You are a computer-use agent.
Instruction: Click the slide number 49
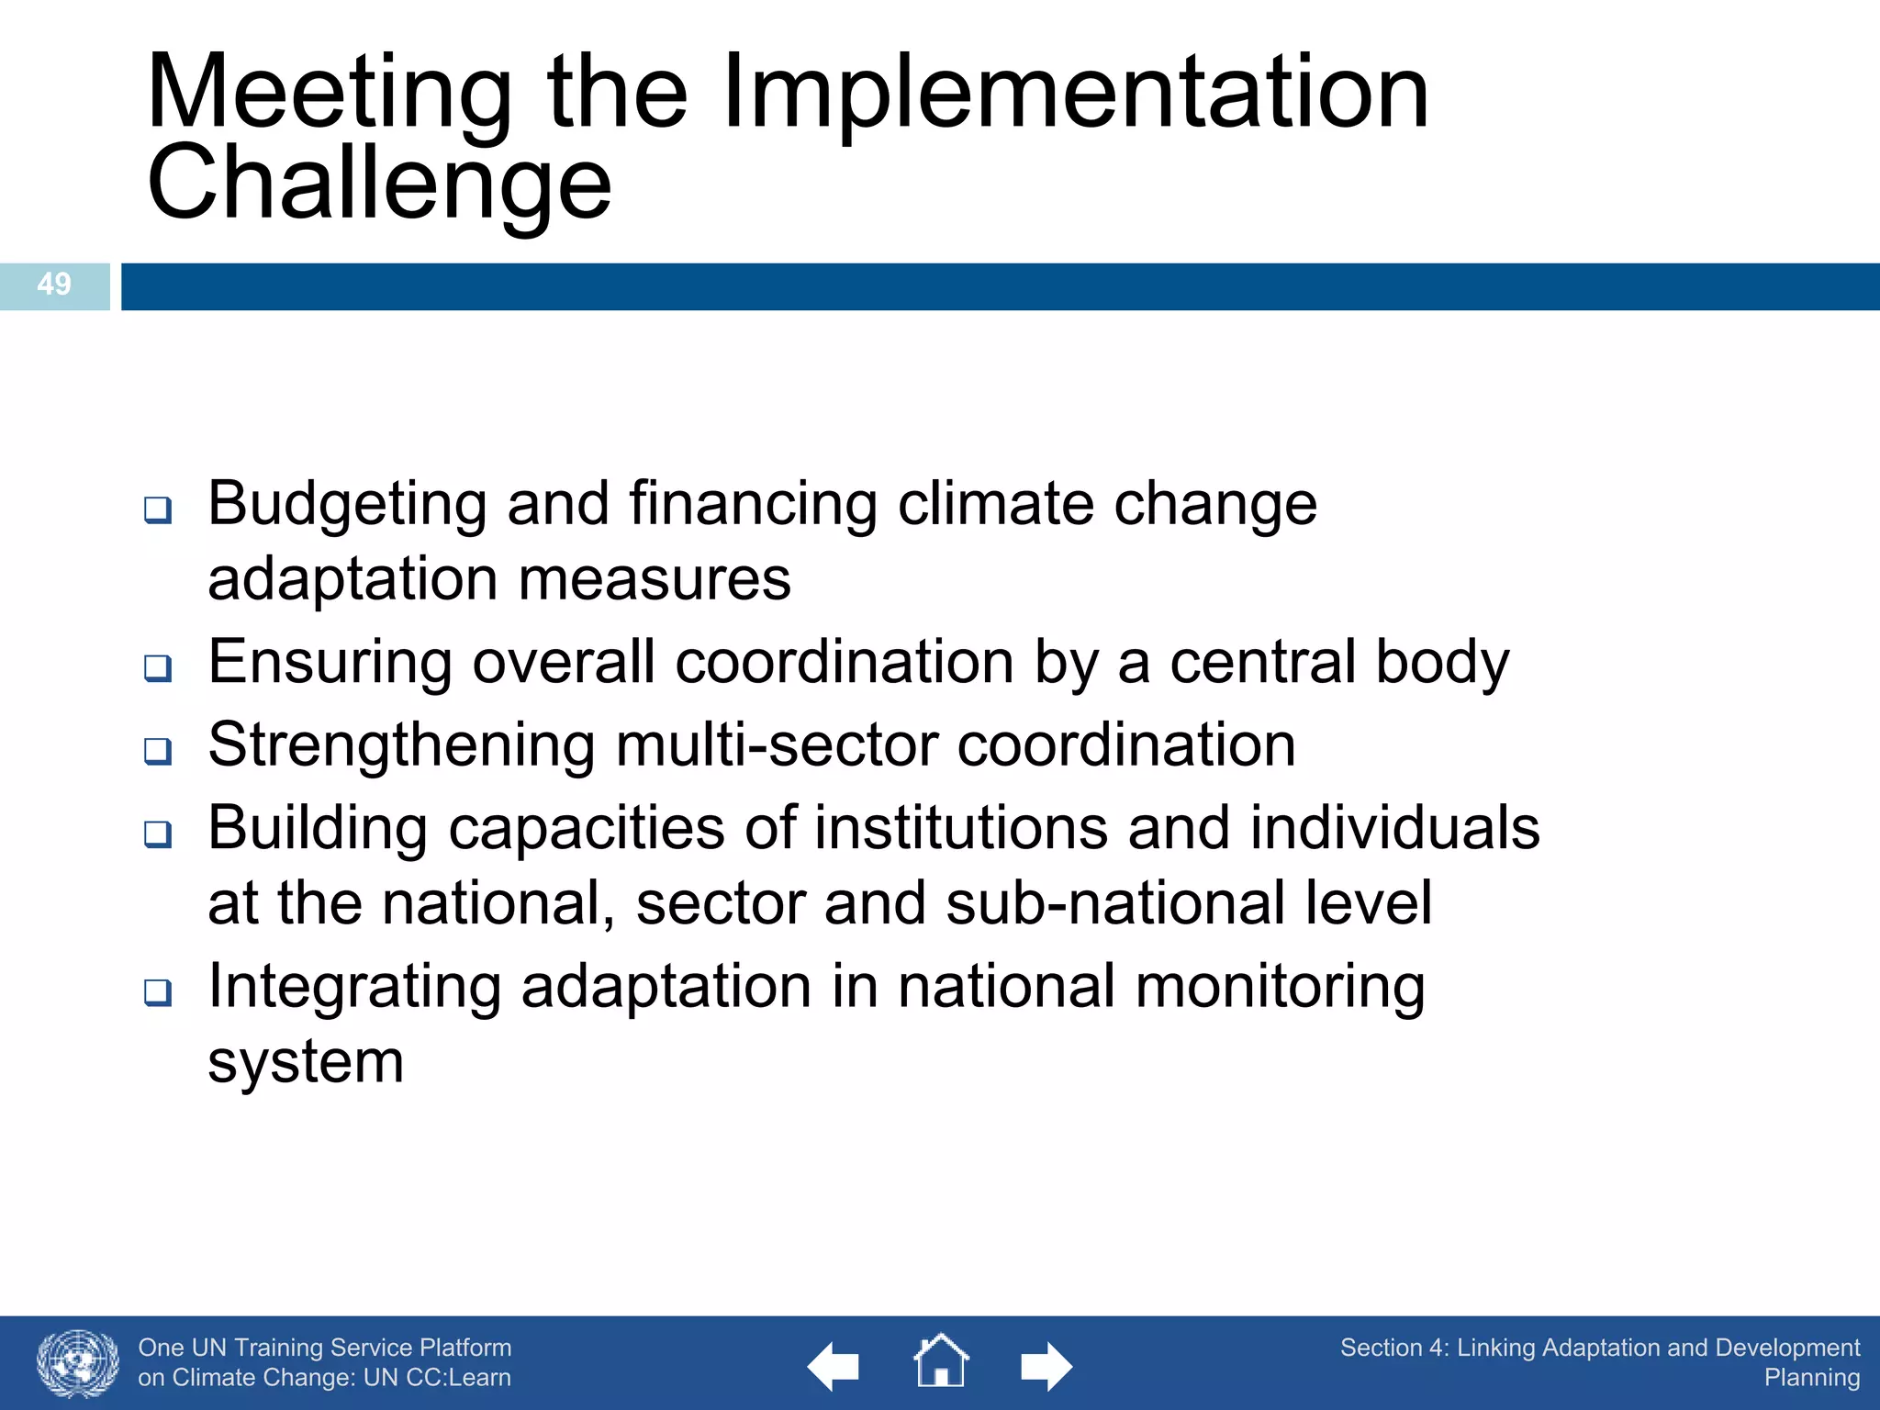pos(54,284)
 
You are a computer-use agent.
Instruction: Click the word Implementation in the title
pos(1075,92)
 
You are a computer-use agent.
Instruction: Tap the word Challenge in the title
pos(378,184)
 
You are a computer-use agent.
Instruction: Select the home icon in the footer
pos(940,1361)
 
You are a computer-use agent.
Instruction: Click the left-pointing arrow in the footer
pos(833,1367)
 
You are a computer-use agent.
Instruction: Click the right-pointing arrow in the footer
pos(1046,1367)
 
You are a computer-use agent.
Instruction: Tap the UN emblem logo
pos(78,1363)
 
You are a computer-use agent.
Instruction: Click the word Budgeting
pos(347,505)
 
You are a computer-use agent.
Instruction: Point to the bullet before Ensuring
pos(158,667)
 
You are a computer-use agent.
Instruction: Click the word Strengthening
pos(401,744)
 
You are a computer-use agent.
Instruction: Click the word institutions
pos(960,828)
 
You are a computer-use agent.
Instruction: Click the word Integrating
pos(354,988)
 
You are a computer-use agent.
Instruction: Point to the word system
pos(305,1063)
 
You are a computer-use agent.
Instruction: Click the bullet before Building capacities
pos(158,834)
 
